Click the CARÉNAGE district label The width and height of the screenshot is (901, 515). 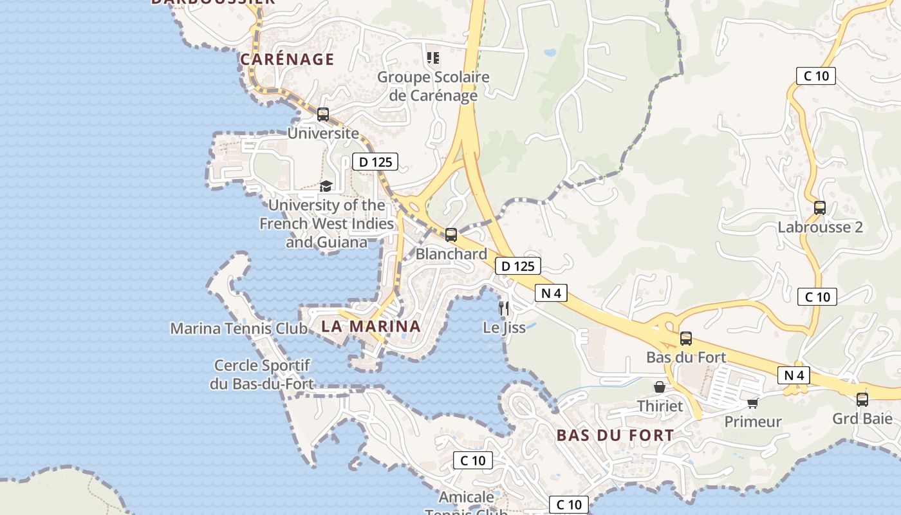(287, 60)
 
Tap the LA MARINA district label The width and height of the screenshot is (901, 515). (371, 326)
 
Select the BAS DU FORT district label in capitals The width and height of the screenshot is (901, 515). (615, 436)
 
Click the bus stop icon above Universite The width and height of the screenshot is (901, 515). (323, 115)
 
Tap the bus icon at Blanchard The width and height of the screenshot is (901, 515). (451, 235)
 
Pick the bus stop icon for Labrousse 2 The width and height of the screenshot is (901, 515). (819, 208)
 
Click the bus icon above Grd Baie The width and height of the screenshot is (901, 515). (862, 400)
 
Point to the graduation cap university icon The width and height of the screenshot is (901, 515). (326, 187)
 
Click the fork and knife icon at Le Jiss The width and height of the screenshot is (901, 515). (504, 308)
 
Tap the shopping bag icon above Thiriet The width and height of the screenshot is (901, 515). (660, 387)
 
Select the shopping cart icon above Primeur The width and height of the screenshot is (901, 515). (752, 403)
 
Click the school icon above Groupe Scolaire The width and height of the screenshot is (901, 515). (434, 58)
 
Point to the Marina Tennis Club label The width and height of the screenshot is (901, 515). (239, 328)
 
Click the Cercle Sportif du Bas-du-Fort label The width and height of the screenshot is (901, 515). (262, 375)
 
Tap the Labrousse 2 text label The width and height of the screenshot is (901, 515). (820, 227)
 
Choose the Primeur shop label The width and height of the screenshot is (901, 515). (753, 422)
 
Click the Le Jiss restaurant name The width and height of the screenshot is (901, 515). (504, 328)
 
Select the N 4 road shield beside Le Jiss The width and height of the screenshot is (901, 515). (551, 294)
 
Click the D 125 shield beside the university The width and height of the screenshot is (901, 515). (375, 162)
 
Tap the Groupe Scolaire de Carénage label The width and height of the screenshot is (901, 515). (433, 86)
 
